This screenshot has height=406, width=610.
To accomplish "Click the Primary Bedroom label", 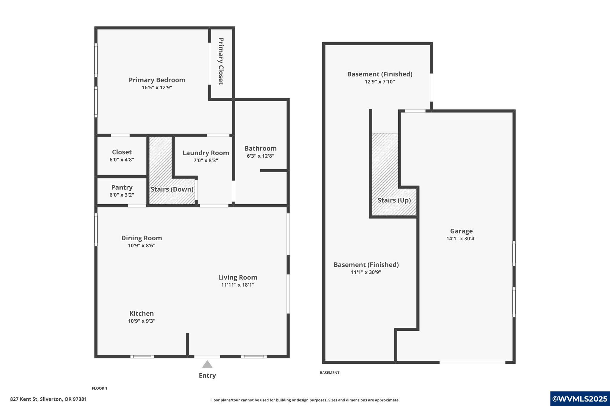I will (157, 80).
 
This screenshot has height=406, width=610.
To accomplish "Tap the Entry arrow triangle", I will (207, 364).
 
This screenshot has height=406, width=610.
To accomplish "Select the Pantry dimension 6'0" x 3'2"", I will (122, 195).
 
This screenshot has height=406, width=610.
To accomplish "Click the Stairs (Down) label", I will (172, 189).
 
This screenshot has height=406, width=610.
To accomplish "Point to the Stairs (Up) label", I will (394, 200).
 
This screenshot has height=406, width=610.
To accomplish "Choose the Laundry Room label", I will (206, 153).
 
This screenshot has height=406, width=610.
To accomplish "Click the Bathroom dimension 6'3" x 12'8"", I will (260, 156).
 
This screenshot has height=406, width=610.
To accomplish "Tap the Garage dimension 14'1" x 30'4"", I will (461, 239).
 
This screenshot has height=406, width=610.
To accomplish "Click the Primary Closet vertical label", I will (221, 61).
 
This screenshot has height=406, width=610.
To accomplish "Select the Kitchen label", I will (141, 313).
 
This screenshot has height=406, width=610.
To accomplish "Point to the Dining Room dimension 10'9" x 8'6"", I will (141, 246).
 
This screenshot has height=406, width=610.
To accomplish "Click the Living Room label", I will (237, 278).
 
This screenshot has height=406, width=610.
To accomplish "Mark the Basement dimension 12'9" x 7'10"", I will (379, 82).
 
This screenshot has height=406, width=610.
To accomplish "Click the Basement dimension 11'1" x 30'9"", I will (366, 272).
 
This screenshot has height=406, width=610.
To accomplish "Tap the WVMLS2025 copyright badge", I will (580, 399).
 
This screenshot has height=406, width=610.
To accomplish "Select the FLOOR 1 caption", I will (99, 388).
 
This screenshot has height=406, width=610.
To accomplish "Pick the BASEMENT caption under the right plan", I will (329, 373).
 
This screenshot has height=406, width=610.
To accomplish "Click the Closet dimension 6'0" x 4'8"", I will (122, 160).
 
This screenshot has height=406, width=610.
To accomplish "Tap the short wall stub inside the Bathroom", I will (273, 170).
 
